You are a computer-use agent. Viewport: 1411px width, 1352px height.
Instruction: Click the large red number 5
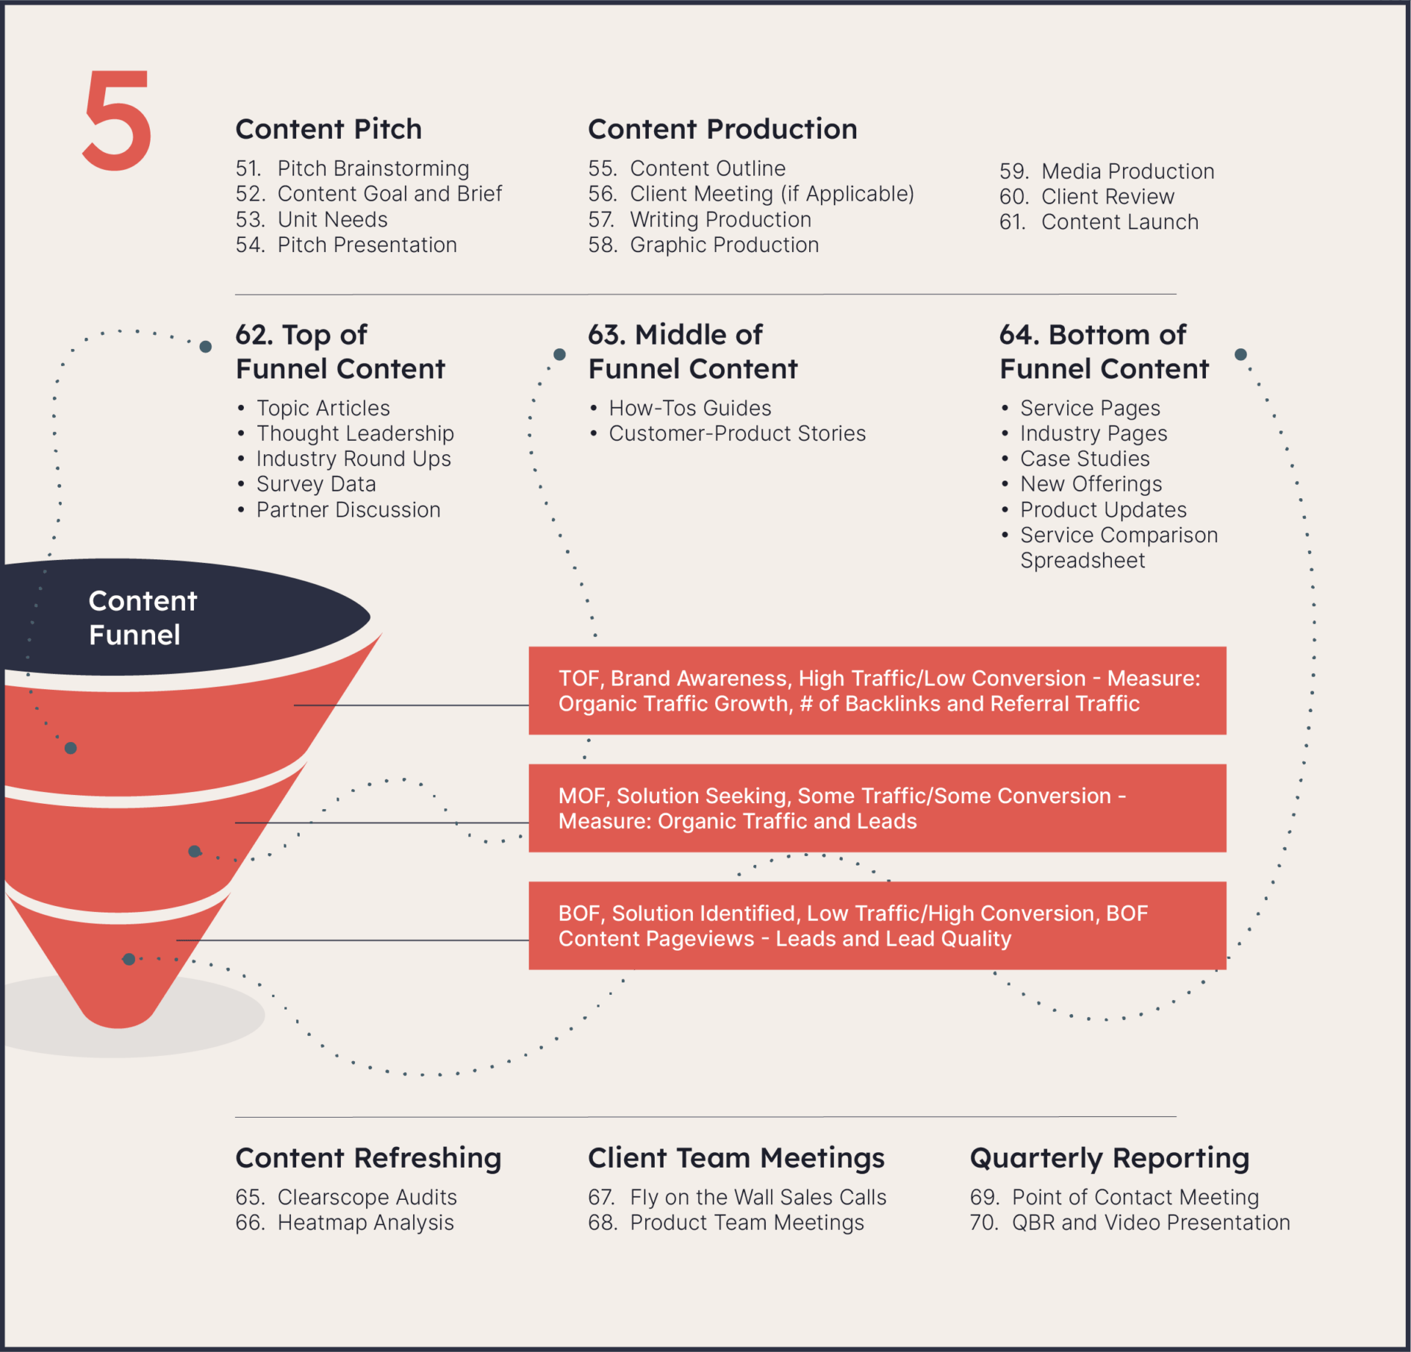117,121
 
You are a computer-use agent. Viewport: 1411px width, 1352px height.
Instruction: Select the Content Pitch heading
328,129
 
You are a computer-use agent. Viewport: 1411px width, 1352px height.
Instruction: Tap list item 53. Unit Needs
312,220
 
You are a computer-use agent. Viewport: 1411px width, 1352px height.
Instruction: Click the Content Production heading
722,129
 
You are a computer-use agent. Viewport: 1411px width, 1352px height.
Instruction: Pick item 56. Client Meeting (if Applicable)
751,194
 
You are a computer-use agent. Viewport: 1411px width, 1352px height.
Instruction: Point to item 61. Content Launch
1099,222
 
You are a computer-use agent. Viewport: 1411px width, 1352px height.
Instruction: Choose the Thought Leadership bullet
345,434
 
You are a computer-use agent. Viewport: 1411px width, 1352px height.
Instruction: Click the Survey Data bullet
306,484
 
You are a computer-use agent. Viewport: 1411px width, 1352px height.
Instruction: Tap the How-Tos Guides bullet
681,408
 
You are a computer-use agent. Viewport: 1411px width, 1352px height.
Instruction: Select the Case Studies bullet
1075,459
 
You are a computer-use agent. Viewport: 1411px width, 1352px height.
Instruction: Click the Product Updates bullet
1094,510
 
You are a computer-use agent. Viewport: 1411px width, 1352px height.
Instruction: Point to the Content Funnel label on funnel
143,618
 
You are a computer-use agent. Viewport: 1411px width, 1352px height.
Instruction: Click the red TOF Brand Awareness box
877,691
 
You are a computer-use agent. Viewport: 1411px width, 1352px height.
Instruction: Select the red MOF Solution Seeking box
877,808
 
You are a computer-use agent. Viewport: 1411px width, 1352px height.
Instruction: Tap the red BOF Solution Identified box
877,926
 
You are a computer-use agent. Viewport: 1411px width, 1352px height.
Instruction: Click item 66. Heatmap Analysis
345,1223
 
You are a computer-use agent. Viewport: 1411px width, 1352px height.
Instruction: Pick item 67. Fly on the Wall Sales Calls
737,1197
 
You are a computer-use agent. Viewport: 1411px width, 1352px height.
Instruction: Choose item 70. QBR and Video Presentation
1130,1223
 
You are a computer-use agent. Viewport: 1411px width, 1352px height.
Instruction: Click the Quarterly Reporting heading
1110,1158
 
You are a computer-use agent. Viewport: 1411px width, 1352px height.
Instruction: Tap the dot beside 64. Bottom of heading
1241,354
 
